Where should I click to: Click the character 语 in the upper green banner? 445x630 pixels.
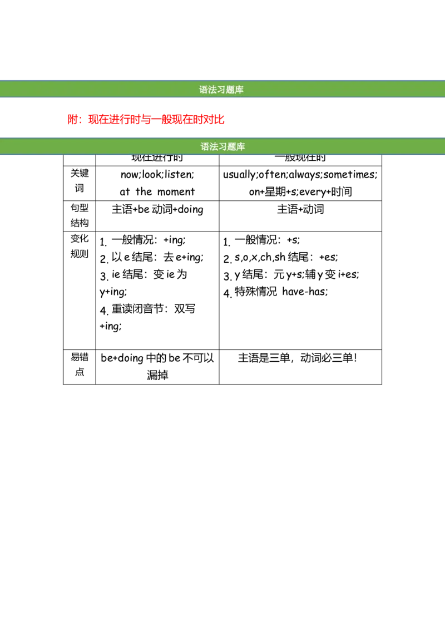point(204,90)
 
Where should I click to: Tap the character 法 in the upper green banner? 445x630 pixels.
point(212,90)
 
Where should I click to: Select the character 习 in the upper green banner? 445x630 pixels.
point(221,90)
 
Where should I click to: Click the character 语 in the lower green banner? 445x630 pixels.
point(205,147)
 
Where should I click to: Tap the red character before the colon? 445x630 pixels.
point(72,119)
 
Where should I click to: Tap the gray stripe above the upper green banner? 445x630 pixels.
point(222,78)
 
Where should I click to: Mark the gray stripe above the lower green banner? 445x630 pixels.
point(222,135)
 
